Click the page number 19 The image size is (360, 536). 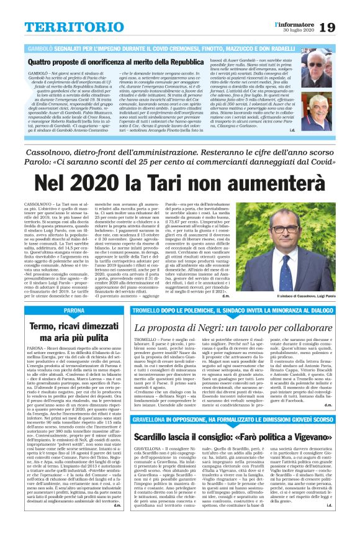pos(345,11)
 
